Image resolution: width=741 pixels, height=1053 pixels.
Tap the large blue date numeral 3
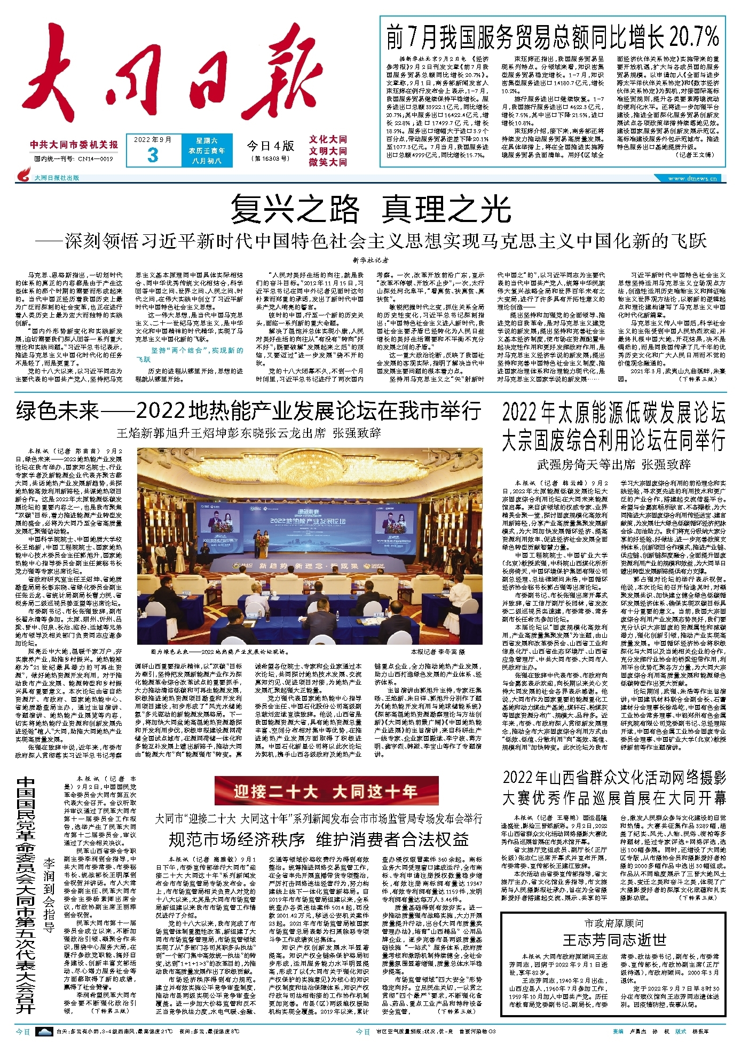coord(153,155)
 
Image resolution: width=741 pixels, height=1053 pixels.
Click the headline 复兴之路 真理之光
coord(370,209)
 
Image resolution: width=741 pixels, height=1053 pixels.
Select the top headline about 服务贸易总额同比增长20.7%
coord(553,37)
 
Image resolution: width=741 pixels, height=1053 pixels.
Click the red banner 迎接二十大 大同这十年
coord(326,790)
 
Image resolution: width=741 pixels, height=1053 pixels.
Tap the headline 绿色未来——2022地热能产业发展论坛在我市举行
coord(248,411)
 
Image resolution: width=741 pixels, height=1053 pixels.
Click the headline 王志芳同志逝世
coord(614,939)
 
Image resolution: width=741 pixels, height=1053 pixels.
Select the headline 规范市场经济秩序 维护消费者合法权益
coord(319,839)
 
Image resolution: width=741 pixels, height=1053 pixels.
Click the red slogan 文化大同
coord(328,139)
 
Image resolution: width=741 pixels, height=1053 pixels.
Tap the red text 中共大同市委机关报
coord(74,145)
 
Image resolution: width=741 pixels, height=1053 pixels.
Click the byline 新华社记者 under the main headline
coord(370,260)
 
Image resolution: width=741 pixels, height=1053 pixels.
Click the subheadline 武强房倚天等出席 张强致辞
coord(614,464)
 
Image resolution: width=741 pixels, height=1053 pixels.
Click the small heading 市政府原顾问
coord(614,923)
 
